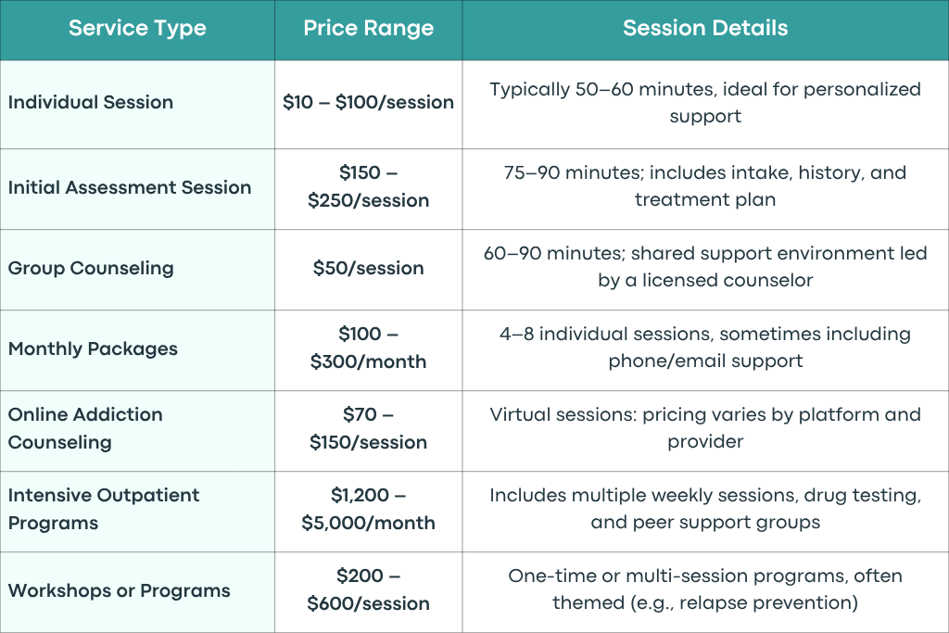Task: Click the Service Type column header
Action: tap(137, 29)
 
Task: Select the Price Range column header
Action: tap(369, 29)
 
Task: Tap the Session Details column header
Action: tap(705, 28)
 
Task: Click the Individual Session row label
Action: tap(91, 102)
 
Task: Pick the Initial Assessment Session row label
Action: tap(130, 187)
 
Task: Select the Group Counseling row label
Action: tap(91, 268)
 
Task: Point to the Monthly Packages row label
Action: tap(93, 348)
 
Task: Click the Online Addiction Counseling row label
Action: tap(85, 428)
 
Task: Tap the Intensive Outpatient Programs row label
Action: tap(104, 509)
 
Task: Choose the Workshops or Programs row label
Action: tap(120, 590)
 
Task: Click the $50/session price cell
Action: tap(369, 268)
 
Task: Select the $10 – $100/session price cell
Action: tap(369, 102)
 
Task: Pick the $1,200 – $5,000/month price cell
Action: tap(369, 509)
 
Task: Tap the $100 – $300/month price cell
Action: tap(369, 348)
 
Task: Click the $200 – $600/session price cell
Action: tap(369, 589)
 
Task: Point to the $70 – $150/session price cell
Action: tap(369, 428)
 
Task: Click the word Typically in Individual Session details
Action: tap(529, 90)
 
